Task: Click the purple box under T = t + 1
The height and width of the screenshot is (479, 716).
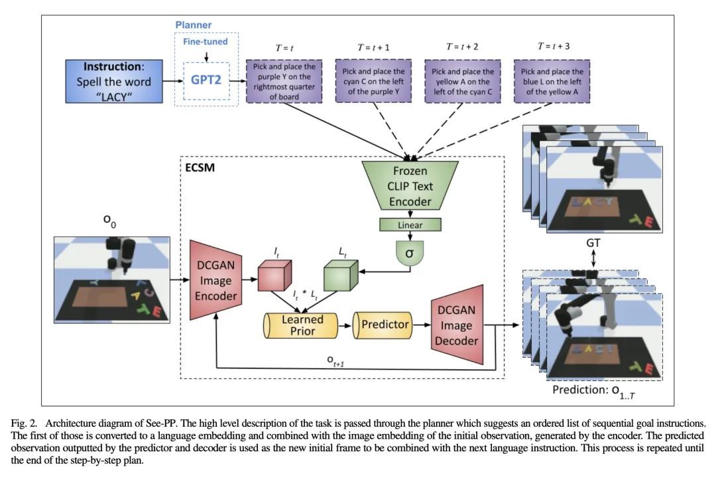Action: pos(373,81)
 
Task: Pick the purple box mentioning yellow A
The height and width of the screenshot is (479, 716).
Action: pos(462,81)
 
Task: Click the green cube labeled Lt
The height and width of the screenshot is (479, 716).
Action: pos(340,275)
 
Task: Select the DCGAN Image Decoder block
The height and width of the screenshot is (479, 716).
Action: pos(457,325)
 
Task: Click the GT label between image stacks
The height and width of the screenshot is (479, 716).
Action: pos(593,243)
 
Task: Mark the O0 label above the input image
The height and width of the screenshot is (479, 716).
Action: pos(109,224)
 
